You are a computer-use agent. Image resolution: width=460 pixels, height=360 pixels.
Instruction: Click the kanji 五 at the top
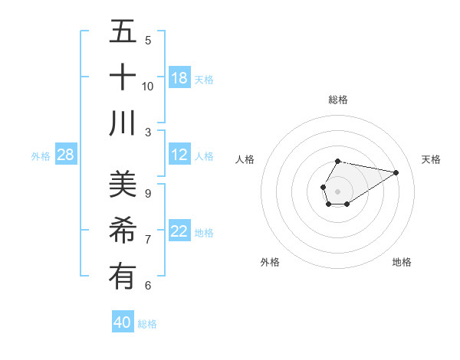tap(123, 32)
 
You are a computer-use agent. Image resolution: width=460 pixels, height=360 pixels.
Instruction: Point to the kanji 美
tap(123, 185)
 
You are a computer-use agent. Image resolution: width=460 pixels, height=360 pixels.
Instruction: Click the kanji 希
tap(123, 230)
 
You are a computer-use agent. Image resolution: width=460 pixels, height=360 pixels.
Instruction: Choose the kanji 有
tap(123, 276)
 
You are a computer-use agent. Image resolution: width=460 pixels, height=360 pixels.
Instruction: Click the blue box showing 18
tap(179, 78)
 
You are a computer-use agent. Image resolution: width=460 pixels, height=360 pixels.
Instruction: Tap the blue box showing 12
tap(179, 155)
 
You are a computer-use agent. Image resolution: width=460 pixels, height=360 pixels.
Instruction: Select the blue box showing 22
tap(179, 232)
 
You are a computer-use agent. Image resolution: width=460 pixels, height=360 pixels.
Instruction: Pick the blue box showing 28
tap(66, 155)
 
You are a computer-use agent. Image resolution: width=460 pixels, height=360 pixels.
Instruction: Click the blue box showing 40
tap(123, 322)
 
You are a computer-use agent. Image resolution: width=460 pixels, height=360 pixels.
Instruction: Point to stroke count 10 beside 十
tap(148, 86)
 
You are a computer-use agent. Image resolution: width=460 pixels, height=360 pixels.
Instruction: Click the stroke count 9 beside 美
tap(148, 193)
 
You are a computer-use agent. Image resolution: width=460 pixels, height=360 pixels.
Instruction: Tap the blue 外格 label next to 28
tap(41, 156)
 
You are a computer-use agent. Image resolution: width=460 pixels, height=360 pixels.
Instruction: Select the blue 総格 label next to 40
tap(147, 324)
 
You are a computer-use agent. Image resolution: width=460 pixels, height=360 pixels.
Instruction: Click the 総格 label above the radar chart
tap(338, 100)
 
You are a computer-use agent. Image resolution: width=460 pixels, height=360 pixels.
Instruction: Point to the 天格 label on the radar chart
tap(432, 159)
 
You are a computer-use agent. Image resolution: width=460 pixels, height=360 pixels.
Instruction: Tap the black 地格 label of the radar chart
tap(402, 262)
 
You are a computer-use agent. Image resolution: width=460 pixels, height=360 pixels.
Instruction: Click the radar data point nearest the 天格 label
tap(396, 172)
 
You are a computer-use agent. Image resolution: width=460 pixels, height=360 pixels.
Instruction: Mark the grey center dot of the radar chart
tap(337, 190)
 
